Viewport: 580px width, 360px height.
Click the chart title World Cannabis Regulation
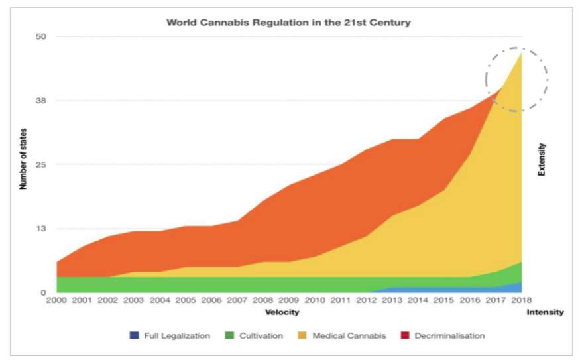pyautogui.click(x=288, y=23)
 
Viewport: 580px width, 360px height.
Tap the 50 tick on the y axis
pyautogui.click(x=40, y=36)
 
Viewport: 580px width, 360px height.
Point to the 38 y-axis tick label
pyautogui.click(x=40, y=101)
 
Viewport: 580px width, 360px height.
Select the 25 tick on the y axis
pyautogui.click(x=40, y=164)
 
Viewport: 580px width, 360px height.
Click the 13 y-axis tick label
pyautogui.click(x=40, y=229)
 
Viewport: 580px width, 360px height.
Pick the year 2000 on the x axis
pyautogui.click(x=57, y=302)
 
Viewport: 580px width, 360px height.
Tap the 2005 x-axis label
pyautogui.click(x=186, y=302)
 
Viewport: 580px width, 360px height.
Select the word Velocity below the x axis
pyautogui.click(x=282, y=312)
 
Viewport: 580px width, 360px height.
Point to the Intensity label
pyautogui.click(x=546, y=312)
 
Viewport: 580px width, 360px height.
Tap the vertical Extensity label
pyautogui.click(x=542, y=159)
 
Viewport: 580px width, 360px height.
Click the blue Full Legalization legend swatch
pyautogui.click(x=135, y=336)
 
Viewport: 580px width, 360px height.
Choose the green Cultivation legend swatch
pyautogui.click(x=229, y=336)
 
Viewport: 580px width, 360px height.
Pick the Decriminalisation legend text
pyautogui.click(x=449, y=336)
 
